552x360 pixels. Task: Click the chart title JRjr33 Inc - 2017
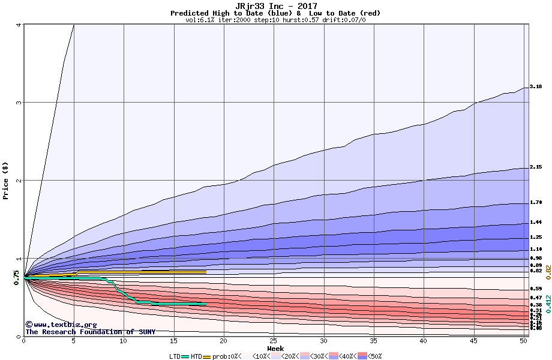pyautogui.click(x=276, y=6)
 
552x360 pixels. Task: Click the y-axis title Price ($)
pyautogui.click(x=5, y=181)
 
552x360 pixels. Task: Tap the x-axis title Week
pyautogui.click(x=276, y=349)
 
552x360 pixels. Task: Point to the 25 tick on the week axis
pyautogui.click(x=273, y=341)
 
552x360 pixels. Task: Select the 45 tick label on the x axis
pyautogui.click(x=473, y=341)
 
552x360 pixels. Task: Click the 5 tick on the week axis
pyautogui.click(x=73, y=341)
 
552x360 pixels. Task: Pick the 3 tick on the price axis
pyautogui.click(x=18, y=103)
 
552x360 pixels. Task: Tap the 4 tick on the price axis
pyautogui.click(x=18, y=25)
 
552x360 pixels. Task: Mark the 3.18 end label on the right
pyautogui.click(x=536, y=86)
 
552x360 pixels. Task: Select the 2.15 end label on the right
pyautogui.click(x=536, y=167)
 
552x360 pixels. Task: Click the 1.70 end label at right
pyautogui.click(x=536, y=203)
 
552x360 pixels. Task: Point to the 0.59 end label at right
pyautogui.click(x=536, y=289)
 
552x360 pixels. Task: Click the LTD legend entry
pyautogui.click(x=175, y=356)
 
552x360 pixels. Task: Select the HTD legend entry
pyautogui.click(x=196, y=356)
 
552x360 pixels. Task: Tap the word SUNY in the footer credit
pyautogui.click(x=146, y=332)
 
